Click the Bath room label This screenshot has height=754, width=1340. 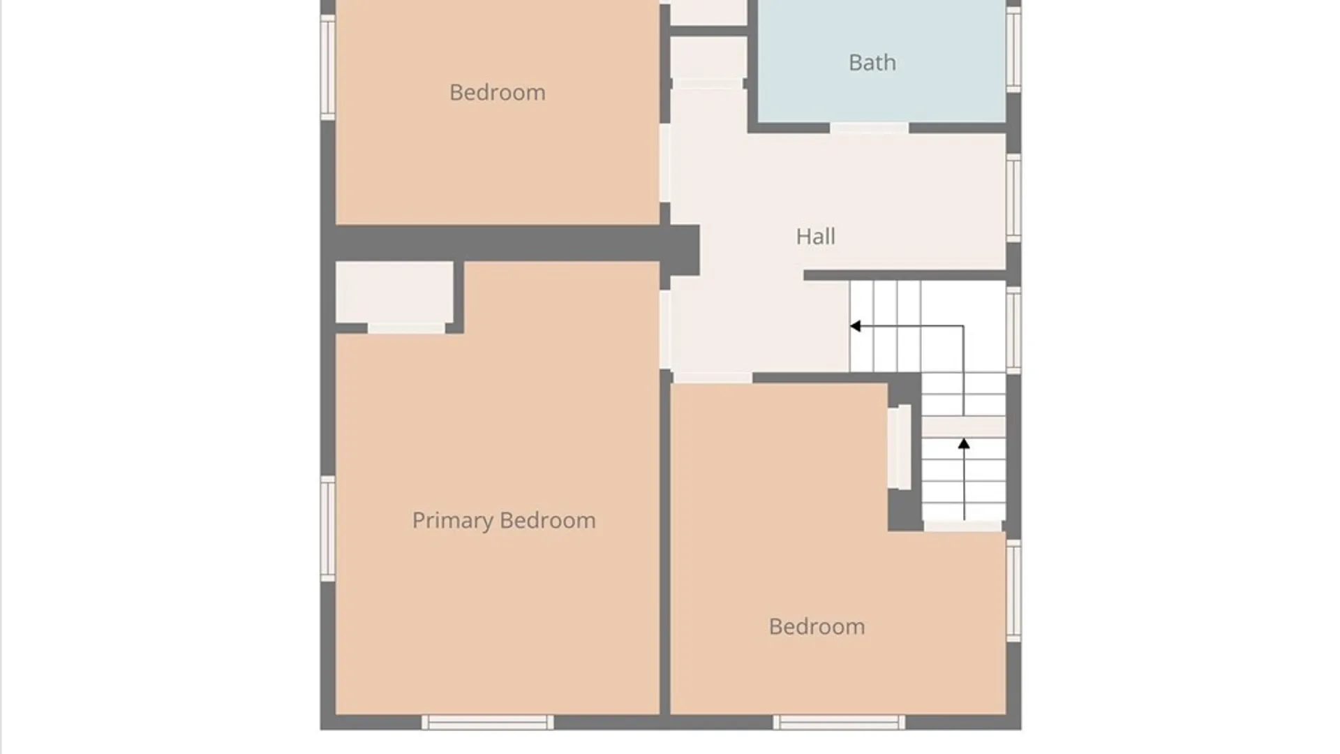[872, 63]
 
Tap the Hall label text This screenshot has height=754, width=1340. [816, 237]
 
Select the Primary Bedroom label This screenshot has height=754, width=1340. [504, 521]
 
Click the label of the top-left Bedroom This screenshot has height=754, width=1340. [498, 92]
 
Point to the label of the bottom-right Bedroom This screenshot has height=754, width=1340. [817, 626]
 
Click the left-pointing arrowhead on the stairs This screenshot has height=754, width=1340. [855, 326]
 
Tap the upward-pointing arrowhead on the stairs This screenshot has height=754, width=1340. [964, 443]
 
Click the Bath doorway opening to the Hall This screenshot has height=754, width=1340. [869, 128]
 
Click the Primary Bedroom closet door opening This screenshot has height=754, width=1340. [406, 328]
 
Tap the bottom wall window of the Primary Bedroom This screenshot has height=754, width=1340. [487, 722]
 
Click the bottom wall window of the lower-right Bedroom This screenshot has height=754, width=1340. [839, 722]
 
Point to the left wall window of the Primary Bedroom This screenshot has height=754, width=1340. [328, 528]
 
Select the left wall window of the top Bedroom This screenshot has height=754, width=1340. [328, 67]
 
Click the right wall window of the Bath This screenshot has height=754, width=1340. [1013, 48]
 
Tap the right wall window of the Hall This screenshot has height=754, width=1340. [1013, 198]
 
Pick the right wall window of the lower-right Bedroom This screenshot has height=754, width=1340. [1013, 591]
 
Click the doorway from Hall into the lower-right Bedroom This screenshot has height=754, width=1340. [713, 378]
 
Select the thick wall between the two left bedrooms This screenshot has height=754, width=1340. [510, 243]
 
